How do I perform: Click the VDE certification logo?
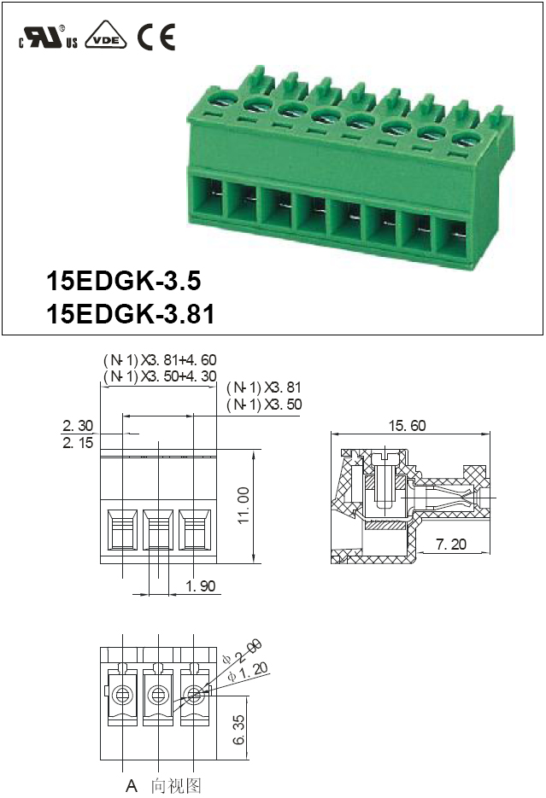click(106, 35)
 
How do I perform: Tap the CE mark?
click(156, 37)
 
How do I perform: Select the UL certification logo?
click(49, 36)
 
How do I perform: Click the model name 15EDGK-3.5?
click(124, 281)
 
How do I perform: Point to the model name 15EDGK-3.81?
click(131, 314)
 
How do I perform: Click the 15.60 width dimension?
click(407, 426)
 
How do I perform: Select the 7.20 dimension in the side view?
click(451, 544)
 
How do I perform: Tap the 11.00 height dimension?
click(244, 505)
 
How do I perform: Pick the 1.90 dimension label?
click(201, 585)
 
